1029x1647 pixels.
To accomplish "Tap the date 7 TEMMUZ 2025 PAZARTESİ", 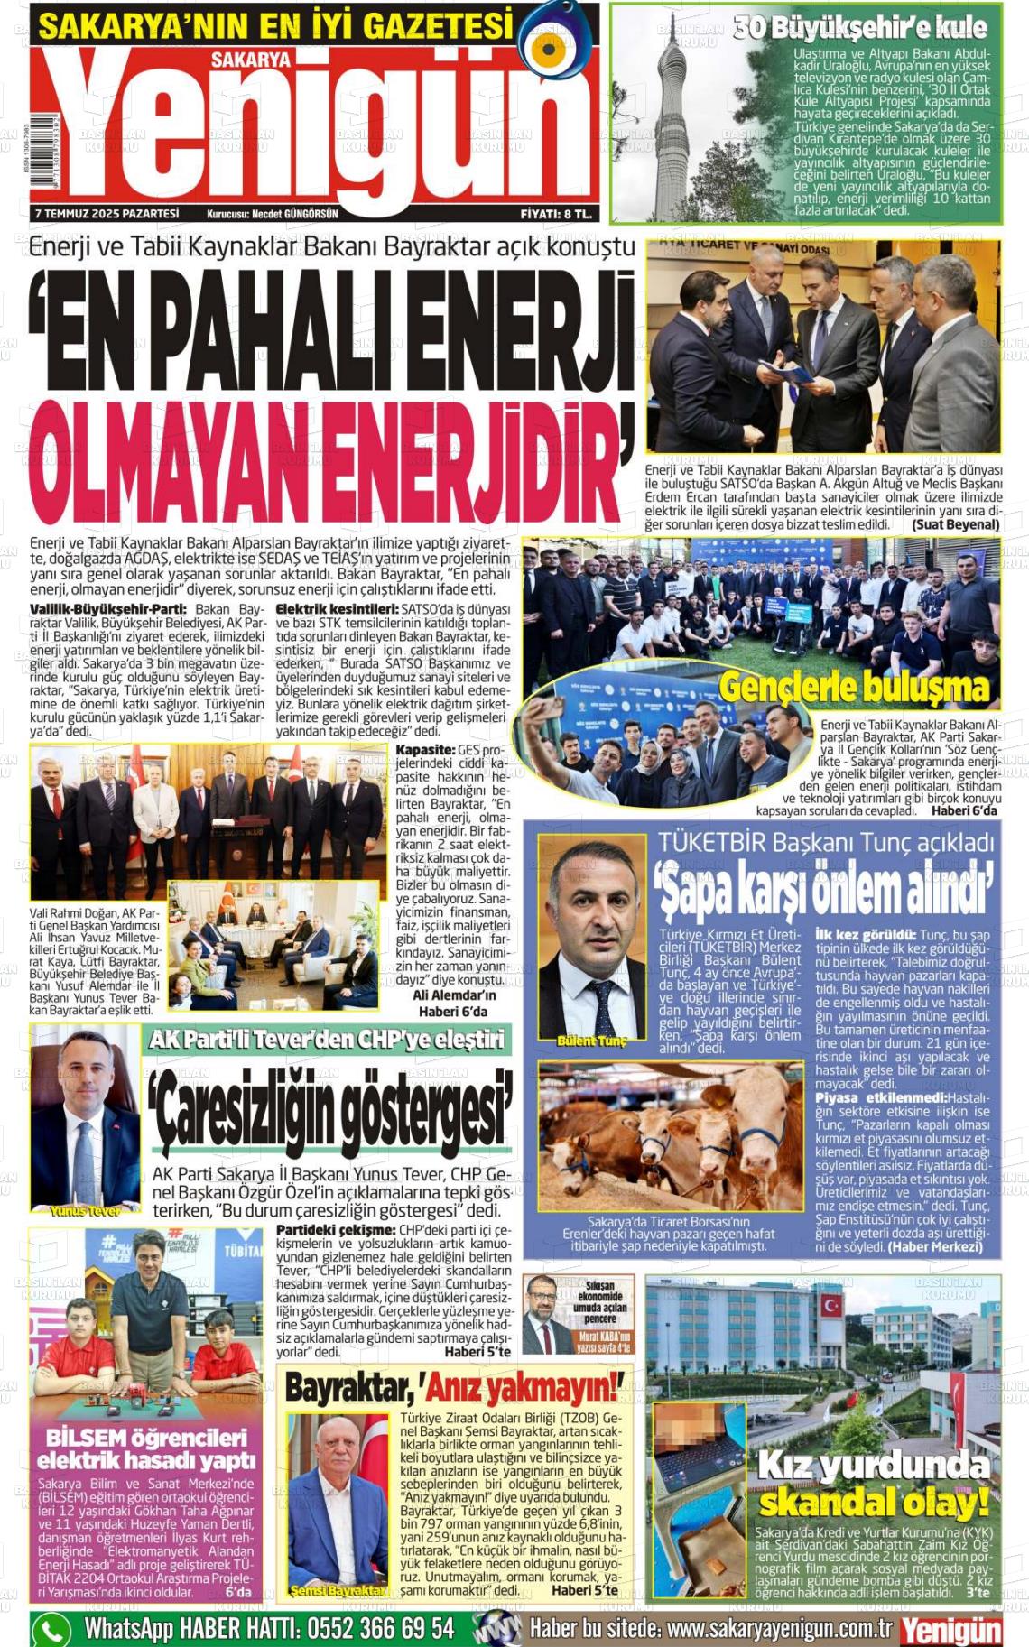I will pyautogui.click(x=107, y=214).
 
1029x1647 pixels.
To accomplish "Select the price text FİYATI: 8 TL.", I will pyautogui.click(x=556, y=214).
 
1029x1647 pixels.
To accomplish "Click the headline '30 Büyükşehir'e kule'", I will pyautogui.click(x=859, y=28).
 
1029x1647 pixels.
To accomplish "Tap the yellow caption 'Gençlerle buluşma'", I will pyautogui.click(x=854, y=688).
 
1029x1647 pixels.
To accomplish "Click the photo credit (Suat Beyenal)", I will pyautogui.click(x=955, y=524).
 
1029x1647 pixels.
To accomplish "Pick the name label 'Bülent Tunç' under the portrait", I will pyautogui.click(x=591, y=1041).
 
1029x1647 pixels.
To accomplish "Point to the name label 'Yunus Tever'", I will pyautogui.click(x=85, y=1211).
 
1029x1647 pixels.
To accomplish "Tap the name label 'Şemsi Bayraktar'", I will pyautogui.click(x=338, y=1591).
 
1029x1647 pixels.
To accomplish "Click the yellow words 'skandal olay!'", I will pyautogui.click(x=874, y=1503).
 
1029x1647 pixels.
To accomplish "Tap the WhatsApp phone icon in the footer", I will pyautogui.click(x=51, y=1629).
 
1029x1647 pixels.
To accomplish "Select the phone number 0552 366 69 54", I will pyautogui.click(x=380, y=1628).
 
